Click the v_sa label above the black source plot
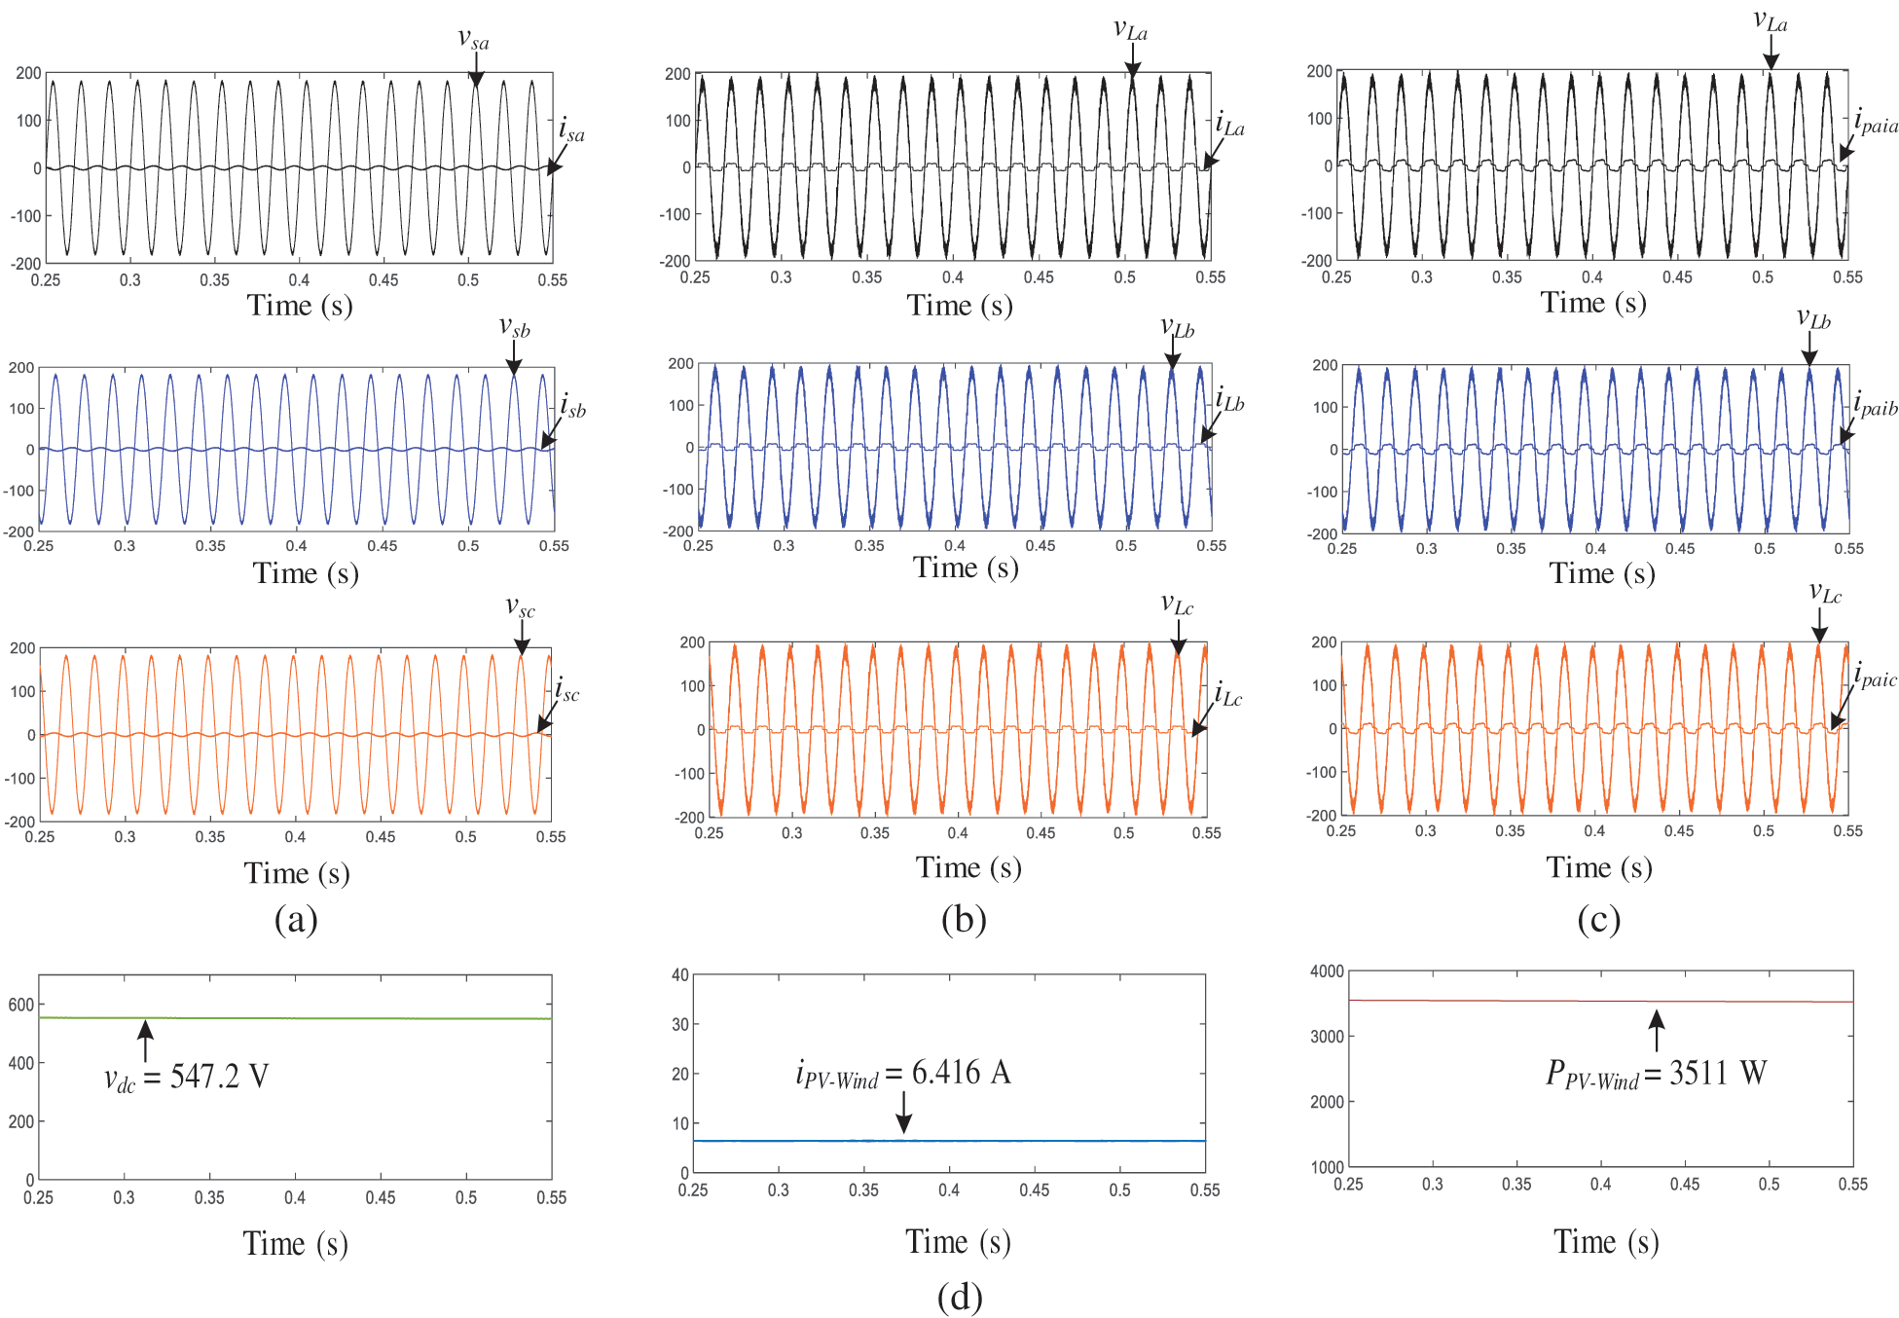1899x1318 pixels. click(473, 40)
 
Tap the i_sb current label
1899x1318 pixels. click(572, 405)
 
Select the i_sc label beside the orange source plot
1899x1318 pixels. click(566, 690)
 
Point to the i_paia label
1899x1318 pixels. click(1876, 122)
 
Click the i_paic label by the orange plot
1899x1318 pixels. click(1875, 676)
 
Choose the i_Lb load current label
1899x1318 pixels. click(1229, 399)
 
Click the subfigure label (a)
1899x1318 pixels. click(296, 919)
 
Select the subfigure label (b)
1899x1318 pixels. click(964, 919)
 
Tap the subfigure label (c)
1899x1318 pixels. click(1598, 919)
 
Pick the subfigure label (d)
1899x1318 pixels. click(960, 1297)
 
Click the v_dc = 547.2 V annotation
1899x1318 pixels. click(186, 1078)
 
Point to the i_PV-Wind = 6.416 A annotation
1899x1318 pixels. click(902, 1074)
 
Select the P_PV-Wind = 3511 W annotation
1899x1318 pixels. click(1656, 1074)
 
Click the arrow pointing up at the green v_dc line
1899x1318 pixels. click(145, 1040)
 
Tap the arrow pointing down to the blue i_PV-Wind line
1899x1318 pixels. click(904, 1113)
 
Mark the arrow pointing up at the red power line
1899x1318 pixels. click(1657, 1031)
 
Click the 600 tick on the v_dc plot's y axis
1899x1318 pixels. click(20, 1005)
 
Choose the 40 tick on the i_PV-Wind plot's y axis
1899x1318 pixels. click(679, 974)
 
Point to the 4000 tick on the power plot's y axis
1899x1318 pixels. click(1327, 971)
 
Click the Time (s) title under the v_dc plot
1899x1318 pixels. click(295, 1244)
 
